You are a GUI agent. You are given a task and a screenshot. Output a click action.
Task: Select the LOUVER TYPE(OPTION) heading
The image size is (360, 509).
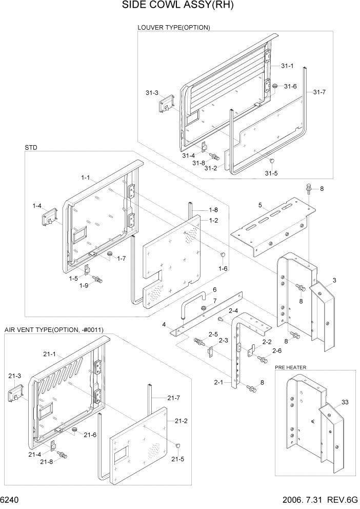[x=173, y=27]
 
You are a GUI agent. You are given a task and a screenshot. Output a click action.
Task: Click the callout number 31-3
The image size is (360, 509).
[x=151, y=93]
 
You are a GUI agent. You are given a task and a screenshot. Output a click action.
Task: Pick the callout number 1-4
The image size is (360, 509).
[x=36, y=206]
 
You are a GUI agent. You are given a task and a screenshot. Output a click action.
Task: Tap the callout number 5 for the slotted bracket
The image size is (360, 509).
[x=260, y=205]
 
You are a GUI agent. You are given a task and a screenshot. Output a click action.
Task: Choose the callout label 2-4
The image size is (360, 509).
[x=233, y=311]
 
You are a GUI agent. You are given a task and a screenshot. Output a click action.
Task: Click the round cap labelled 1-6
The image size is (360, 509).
[x=223, y=255]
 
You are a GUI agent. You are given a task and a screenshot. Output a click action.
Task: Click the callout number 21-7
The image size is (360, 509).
[x=173, y=397]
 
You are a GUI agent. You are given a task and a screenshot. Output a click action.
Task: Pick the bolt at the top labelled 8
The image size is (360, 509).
[x=309, y=188]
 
